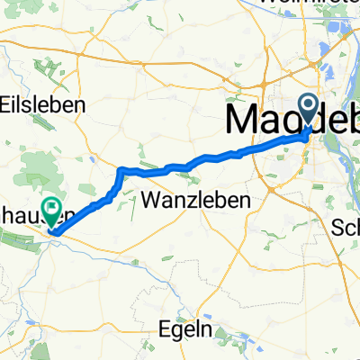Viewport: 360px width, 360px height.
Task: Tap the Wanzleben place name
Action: [x=195, y=199]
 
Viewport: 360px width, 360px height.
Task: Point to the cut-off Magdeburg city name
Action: [x=288, y=118]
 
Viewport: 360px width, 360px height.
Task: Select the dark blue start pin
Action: [x=309, y=111]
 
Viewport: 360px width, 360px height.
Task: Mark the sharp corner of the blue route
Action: [x=121, y=169]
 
